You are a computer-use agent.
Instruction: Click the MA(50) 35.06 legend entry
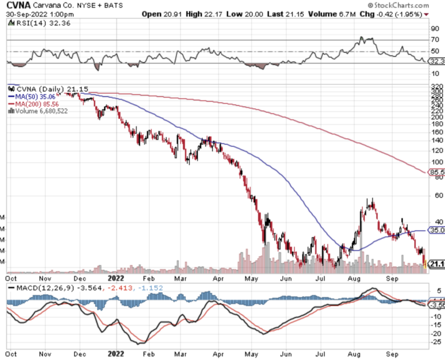point(35,96)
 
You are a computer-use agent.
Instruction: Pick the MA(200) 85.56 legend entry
point(36,104)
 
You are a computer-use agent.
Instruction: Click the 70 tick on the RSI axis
point(436,39)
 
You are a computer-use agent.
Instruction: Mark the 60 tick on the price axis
point(436,195)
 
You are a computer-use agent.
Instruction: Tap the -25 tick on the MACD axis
point(437,342)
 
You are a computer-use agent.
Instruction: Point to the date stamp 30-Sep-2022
point(24,14)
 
